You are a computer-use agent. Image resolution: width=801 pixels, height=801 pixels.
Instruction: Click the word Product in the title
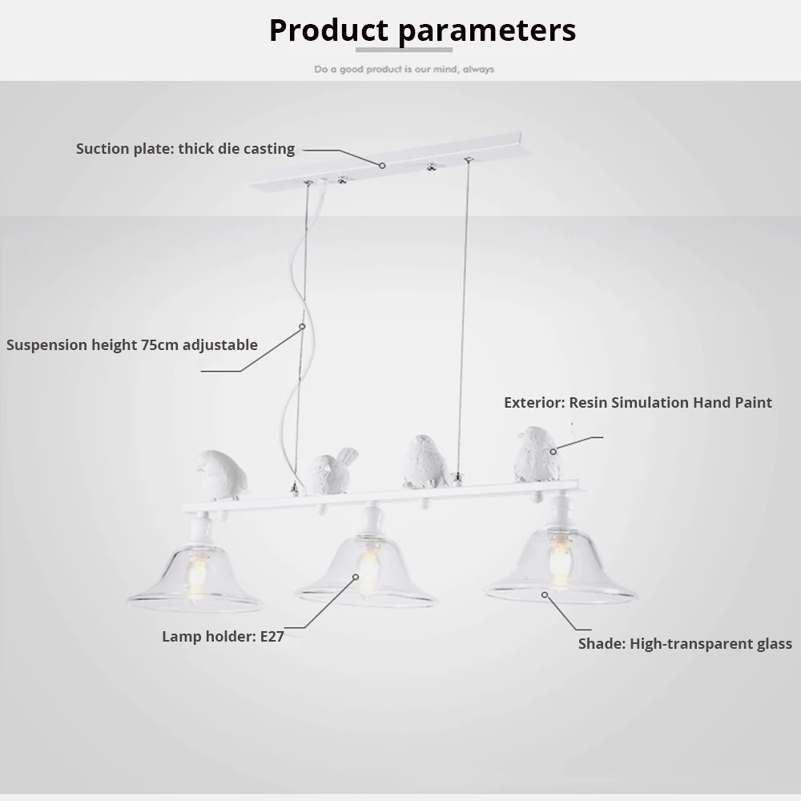(x=328, y=30)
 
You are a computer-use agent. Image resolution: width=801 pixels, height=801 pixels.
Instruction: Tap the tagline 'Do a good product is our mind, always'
(x=404, y=70)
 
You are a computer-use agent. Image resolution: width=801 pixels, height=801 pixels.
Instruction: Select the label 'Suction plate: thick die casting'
(x=185, y=149)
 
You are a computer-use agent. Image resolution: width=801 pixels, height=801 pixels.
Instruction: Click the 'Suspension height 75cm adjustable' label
(x=132, y=345)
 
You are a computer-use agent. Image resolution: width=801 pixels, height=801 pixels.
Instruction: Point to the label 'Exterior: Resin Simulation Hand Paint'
(x=638, y=402)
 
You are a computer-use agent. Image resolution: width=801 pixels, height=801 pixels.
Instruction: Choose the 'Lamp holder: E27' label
(x=223, y=637)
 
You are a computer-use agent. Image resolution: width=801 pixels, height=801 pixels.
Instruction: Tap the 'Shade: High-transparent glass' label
(x=685, y=643)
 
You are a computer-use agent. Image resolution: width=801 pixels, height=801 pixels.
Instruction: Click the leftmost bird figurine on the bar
(x=221, y=474)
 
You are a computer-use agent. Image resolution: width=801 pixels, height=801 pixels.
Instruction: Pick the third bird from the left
(x=424, y=462)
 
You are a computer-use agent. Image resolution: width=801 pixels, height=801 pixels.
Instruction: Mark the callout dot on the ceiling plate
(x=382, y=166)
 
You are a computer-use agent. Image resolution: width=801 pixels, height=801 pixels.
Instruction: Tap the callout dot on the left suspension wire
(x=303, y=326)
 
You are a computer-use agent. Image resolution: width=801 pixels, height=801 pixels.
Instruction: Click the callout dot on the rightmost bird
(x=553, y=451)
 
